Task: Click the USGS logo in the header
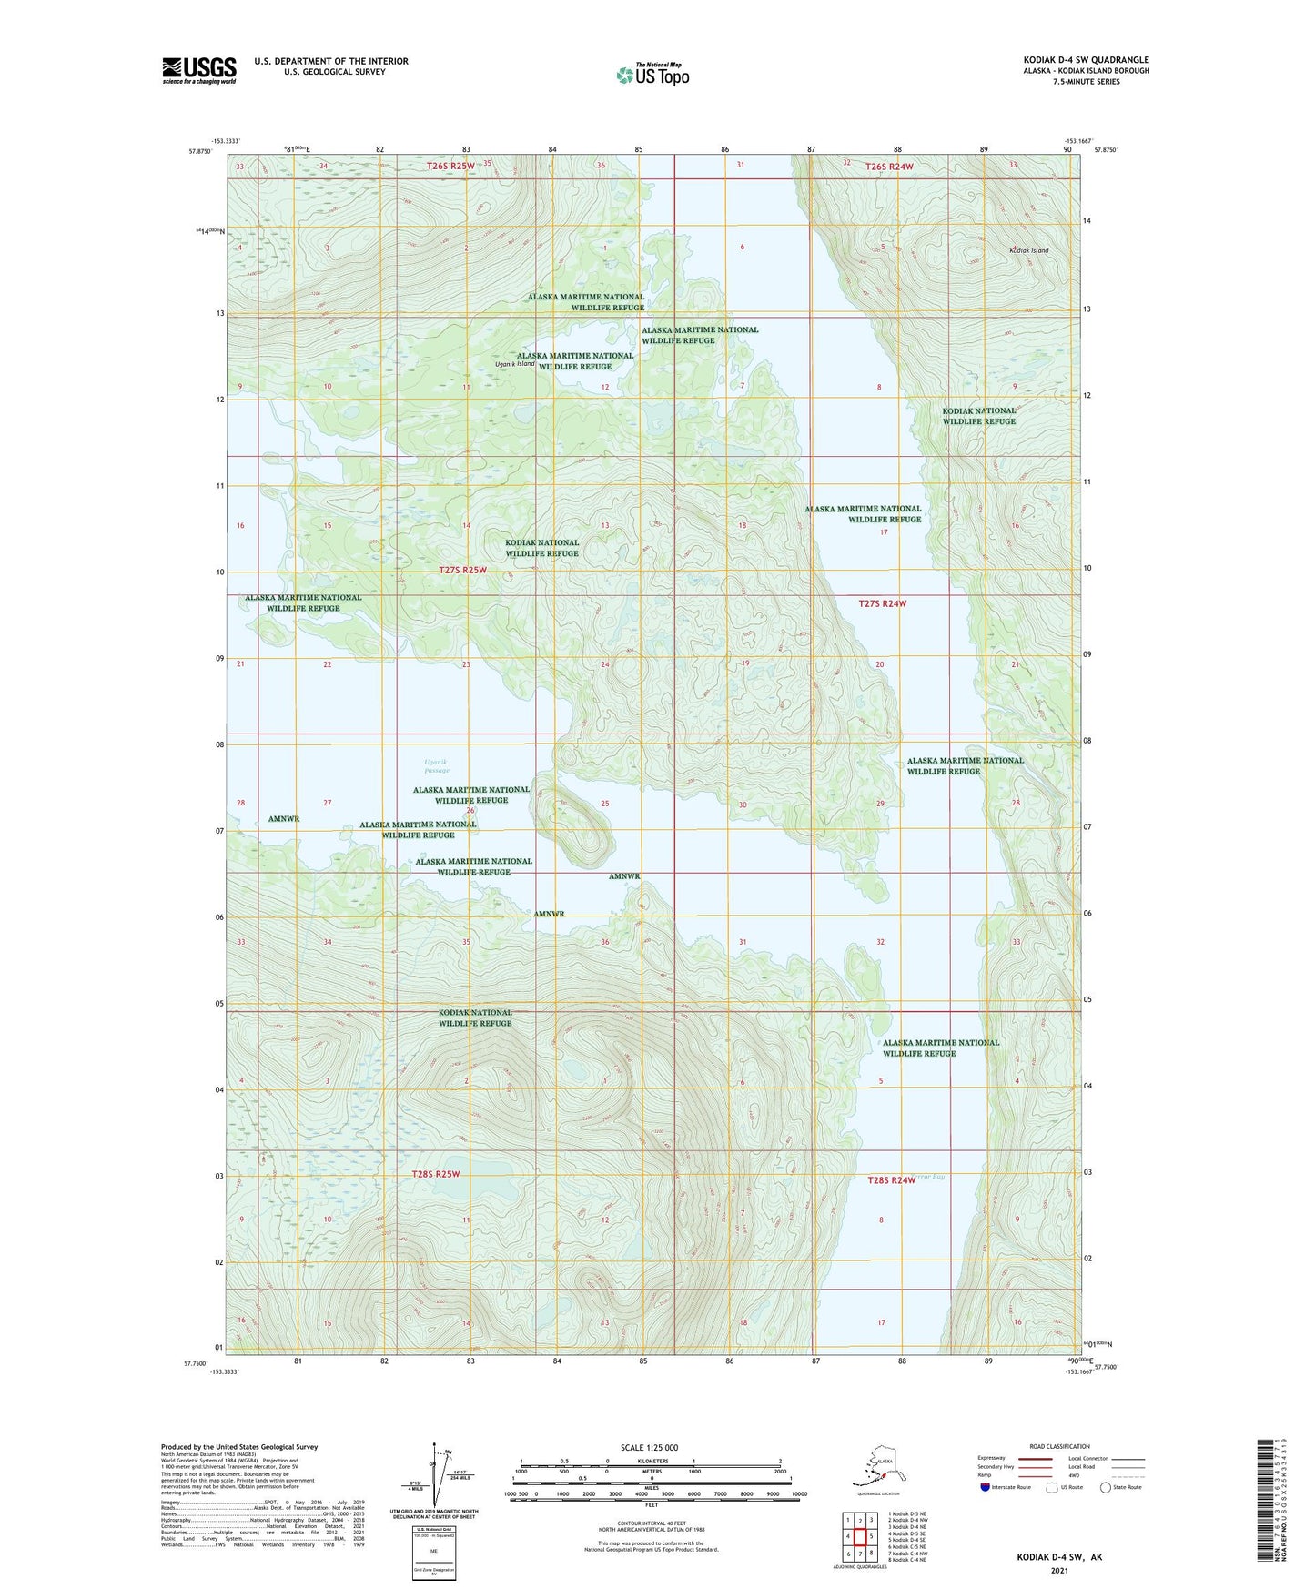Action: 198,70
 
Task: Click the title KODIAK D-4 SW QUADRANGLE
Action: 1085,60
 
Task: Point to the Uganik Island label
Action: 514,364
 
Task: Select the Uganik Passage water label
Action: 436,766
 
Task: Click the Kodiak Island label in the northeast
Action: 1028,250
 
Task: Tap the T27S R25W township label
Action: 462,570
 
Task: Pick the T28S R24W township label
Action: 891,1180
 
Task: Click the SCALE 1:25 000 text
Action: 650,1448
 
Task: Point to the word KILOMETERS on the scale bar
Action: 650,1462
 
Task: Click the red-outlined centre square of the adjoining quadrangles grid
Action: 859,1537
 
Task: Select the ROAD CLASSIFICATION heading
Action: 1059,1446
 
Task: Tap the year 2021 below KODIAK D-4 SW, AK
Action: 1058,1571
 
